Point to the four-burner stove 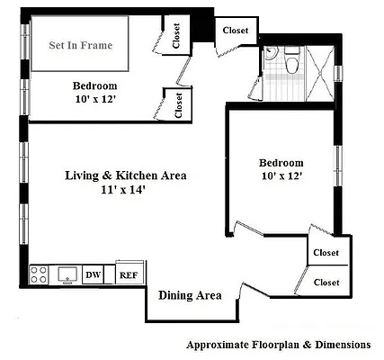(40, 274)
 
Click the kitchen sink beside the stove (65, 274)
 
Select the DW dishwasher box (92, 275)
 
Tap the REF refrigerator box (129, 275)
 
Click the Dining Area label (190, 295)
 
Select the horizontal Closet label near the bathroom (235, 31)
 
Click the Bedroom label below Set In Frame (94, 86)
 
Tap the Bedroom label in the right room (281, 162)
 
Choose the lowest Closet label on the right (326, 282)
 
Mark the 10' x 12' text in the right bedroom (281, 176)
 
